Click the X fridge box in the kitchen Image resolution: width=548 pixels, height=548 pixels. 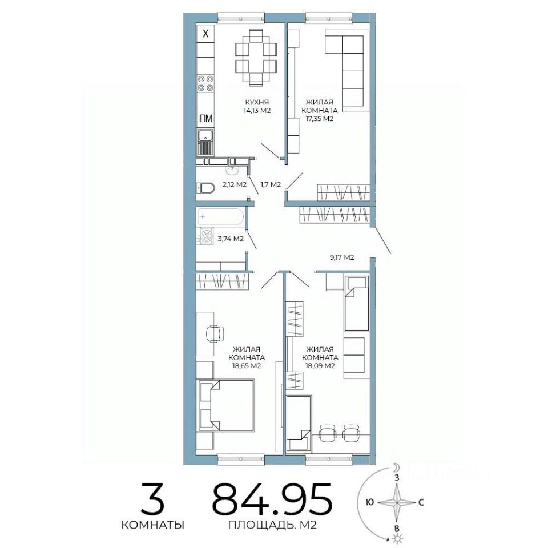click(x=205, y=34)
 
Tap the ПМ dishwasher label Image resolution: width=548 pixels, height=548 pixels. click(x=205, y=119)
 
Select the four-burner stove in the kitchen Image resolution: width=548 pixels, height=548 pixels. click(x=205, y=83)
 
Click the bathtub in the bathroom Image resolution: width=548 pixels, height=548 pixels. click(x=220, y=217)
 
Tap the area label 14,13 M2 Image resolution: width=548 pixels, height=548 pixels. click(x=257, y=111)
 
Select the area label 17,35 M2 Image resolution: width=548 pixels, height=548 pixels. click(x=320, y=119)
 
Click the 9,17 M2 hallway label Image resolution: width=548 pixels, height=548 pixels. click(x=342, y=257)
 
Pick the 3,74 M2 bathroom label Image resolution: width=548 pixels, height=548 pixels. click(x=231, y=239)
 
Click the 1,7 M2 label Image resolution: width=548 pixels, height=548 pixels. click(x=271, y=184)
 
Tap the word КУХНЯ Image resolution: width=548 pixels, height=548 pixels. click(x=257, y=102)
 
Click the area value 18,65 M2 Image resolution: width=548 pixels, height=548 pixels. click(x=247, y=366)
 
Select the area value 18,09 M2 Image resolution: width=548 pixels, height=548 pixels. click(x=320, y=366)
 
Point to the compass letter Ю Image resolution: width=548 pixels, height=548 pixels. click(x=370, y=502)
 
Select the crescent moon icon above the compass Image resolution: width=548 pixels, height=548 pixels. click(x=396, y=468)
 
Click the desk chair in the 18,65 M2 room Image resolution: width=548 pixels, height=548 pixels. click(x=215, y=334)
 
